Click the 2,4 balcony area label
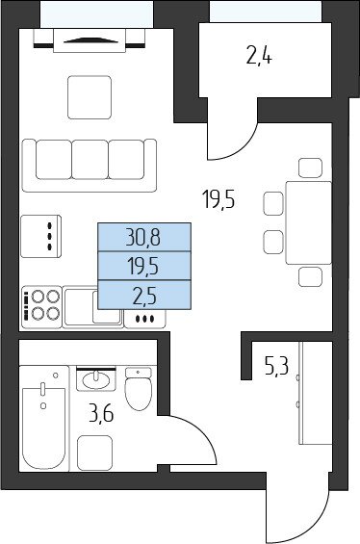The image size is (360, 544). [259, 56]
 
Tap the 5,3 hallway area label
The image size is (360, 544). [276, 367]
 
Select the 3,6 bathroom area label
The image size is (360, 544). [101, 414]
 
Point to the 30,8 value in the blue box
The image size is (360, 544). [142, 238]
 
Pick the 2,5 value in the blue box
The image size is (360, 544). [144, 296]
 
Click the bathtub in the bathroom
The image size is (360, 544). [43, 418]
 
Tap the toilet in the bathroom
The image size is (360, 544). [138, 389]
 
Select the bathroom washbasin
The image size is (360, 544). [96, 380]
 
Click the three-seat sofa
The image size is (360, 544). [90, 166]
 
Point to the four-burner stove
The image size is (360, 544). [42, 307]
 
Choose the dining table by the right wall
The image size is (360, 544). [308, 222]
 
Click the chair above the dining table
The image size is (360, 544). [310, 168]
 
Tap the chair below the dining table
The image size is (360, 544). [310, 277]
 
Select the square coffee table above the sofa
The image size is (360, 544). [90, 97]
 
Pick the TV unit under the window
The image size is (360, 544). [90, 40]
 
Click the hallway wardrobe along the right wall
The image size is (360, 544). [316, 393]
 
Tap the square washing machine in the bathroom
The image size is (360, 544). [94, 453]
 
